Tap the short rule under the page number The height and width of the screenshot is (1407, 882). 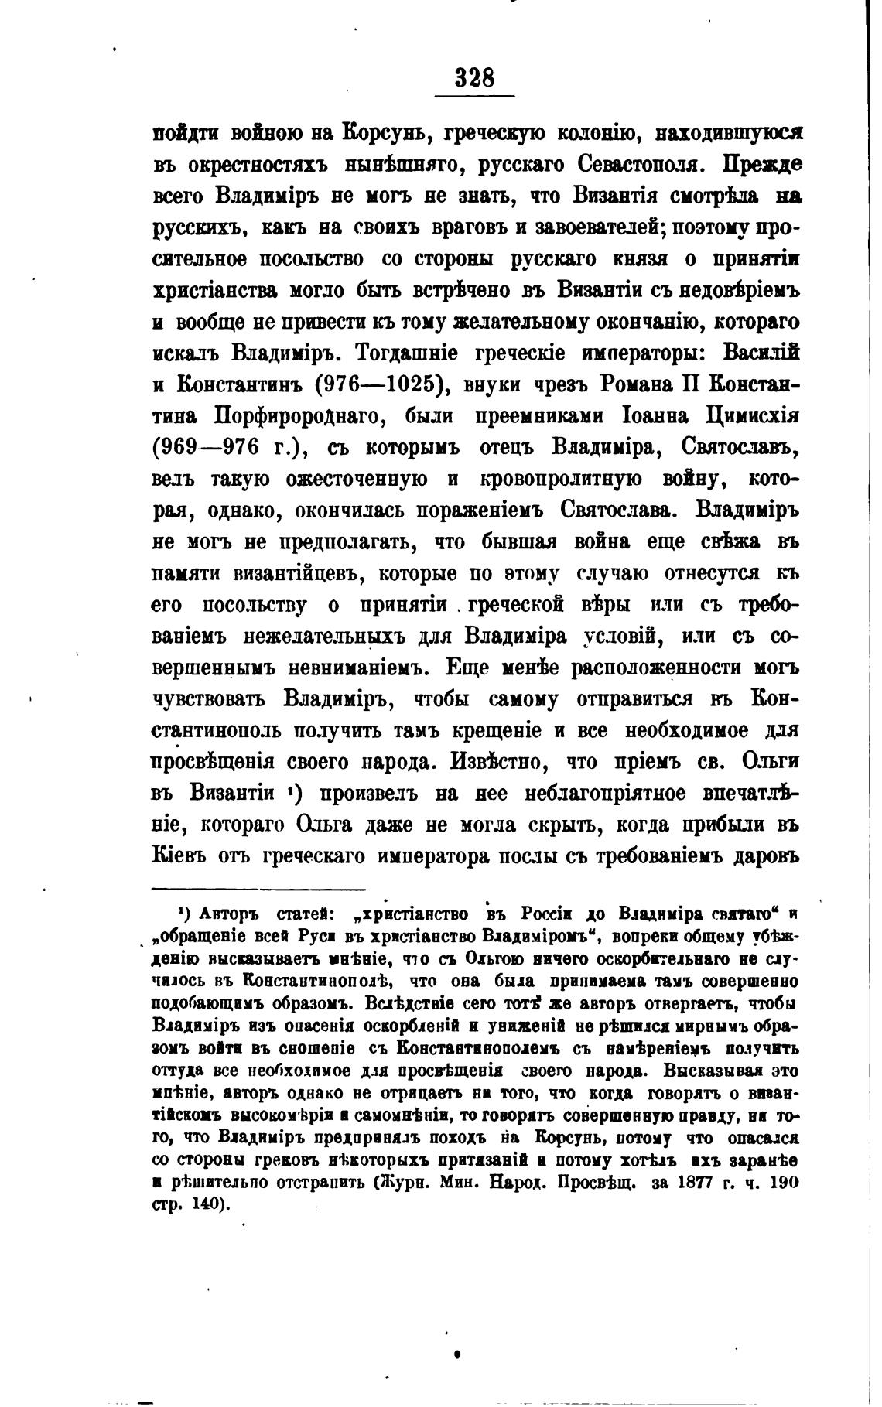pos(474,97)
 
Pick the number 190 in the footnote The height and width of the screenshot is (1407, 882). pos(783,1183)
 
